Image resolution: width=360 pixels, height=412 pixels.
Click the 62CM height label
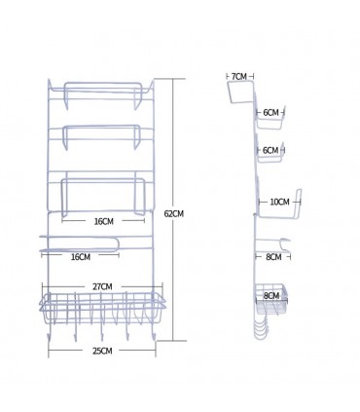coord(174,214)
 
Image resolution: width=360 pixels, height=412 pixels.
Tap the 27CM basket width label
coord(102,287)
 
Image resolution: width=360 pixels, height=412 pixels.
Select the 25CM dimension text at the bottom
coord(102,351)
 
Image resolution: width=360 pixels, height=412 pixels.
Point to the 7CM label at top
coord(239,77)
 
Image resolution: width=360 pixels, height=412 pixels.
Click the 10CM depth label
coord(279,202)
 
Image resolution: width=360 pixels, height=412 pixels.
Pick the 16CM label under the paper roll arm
coord(81,257)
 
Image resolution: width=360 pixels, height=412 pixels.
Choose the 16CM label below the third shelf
coord(104,221)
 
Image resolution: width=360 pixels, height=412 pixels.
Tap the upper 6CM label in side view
coord(270,113)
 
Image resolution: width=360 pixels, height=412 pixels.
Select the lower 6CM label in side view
coord(270,150)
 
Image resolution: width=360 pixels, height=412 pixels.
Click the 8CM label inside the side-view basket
coord(271,296)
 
